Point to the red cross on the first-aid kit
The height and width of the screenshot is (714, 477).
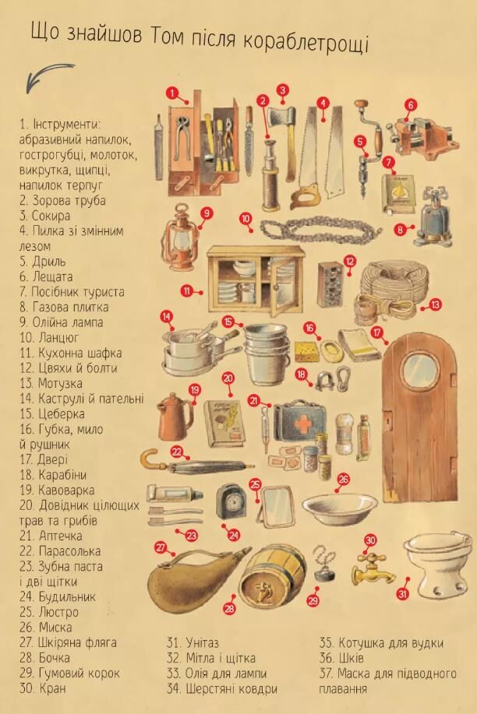point(302,424)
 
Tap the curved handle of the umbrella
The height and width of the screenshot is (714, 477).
point(149,459)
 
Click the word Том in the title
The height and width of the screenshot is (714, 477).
point(167,37)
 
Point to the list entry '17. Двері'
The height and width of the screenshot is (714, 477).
point(44,459)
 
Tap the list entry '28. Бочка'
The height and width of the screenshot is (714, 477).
point(44,658)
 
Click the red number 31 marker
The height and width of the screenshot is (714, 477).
point(403,594)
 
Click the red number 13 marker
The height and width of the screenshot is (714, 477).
point(436,304)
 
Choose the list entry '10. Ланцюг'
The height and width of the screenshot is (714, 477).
point(49,337)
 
